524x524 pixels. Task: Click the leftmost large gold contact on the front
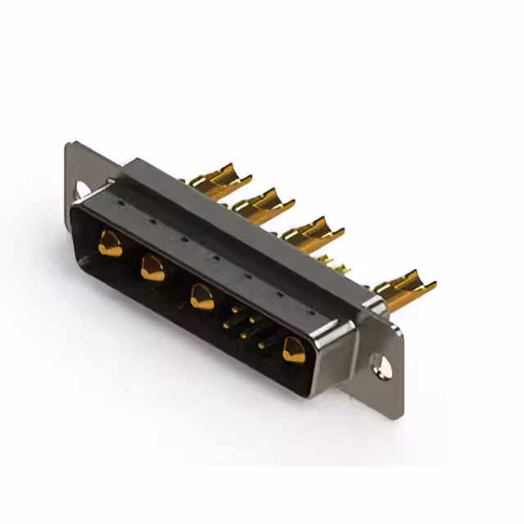click(x=109, y=243)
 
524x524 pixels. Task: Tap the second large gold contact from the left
click(x=152, y=267)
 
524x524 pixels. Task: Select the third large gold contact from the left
click(x=201, y=296)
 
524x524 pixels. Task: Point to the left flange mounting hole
click(x=82, y=190)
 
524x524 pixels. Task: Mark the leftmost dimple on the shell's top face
click(x=120, y=199)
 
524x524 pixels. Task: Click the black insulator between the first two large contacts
click(x=131, y=255)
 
